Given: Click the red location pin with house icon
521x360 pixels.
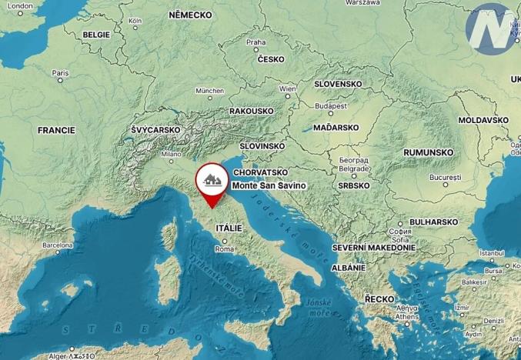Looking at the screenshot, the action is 211,182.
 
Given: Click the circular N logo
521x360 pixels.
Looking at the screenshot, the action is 490,29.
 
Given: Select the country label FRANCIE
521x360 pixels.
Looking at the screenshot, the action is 56,130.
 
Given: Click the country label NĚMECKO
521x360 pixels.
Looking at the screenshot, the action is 189,15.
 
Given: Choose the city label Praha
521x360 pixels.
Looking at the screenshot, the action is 255,42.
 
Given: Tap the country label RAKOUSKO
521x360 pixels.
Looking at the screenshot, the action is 251,111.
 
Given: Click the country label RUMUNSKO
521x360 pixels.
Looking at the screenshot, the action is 429,152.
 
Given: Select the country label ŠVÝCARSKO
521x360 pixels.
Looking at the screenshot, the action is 155,130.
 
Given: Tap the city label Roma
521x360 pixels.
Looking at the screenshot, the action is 225,249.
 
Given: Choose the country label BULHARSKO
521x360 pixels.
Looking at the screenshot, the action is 433,222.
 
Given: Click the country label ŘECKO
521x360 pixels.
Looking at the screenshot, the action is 379,298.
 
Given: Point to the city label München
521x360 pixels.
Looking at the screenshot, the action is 209,90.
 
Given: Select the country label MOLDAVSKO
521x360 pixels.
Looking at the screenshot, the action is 483,121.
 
